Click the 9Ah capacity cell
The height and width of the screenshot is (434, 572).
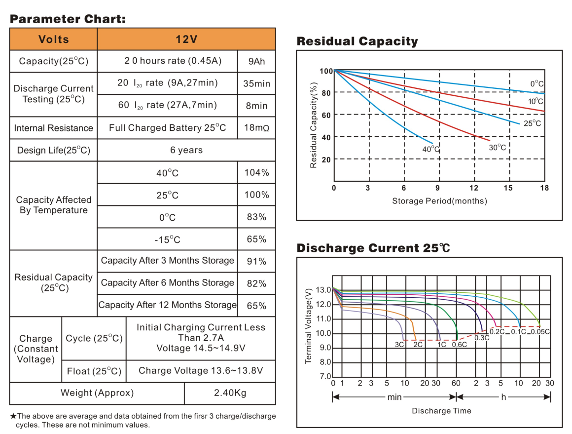coord(256,61)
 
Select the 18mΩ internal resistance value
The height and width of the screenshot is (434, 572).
coord(256,128)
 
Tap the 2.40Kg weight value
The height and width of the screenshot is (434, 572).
coord(230,393)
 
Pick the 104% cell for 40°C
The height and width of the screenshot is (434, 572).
coord(256,173)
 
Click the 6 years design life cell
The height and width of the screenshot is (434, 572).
coord(186,150)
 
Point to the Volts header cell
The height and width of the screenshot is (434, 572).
coord(53,39)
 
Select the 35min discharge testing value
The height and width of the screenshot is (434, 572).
coord(256,83)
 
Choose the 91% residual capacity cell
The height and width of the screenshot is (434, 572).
coord(256,261)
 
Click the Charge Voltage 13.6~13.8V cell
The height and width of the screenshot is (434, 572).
coord(201,371)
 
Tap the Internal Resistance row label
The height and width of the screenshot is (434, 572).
coord(53,128)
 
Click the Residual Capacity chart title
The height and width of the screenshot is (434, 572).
coord(357,41)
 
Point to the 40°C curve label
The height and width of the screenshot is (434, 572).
coord(430,149)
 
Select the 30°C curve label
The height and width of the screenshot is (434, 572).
coord(497,147)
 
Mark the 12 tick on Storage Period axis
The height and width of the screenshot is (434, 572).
coord(474,188)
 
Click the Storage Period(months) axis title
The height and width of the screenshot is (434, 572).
coord(439,201)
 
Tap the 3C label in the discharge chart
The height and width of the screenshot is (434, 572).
coord(399,345)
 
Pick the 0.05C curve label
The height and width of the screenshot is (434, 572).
coord(540,332)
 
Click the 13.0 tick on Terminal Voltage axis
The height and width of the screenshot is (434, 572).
coord(324,290)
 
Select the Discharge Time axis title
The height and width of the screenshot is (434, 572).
coord(441,411)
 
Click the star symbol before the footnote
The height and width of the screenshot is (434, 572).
coord(13,416)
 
